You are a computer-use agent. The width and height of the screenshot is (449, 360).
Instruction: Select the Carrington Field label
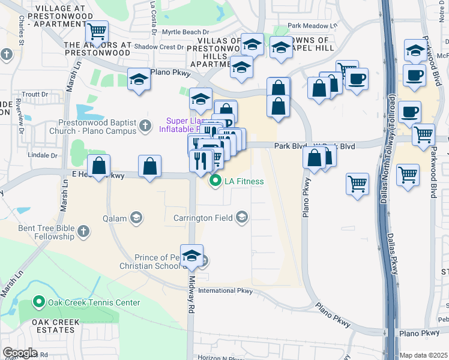click(205, 218)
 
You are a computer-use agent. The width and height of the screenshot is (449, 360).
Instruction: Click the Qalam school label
click(116, 218)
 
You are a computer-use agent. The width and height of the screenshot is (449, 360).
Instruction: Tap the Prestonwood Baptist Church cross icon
click(145, 126)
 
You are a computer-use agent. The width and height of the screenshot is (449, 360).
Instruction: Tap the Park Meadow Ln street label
click(312, 26)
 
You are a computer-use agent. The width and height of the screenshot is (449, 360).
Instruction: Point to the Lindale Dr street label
click(42, 155)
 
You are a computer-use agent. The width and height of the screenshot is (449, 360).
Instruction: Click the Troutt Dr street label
click(35, 95)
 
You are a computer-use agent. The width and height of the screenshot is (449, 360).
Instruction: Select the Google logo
click(20, 352)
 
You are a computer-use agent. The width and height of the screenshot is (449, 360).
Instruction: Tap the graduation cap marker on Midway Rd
click(192, 256)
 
